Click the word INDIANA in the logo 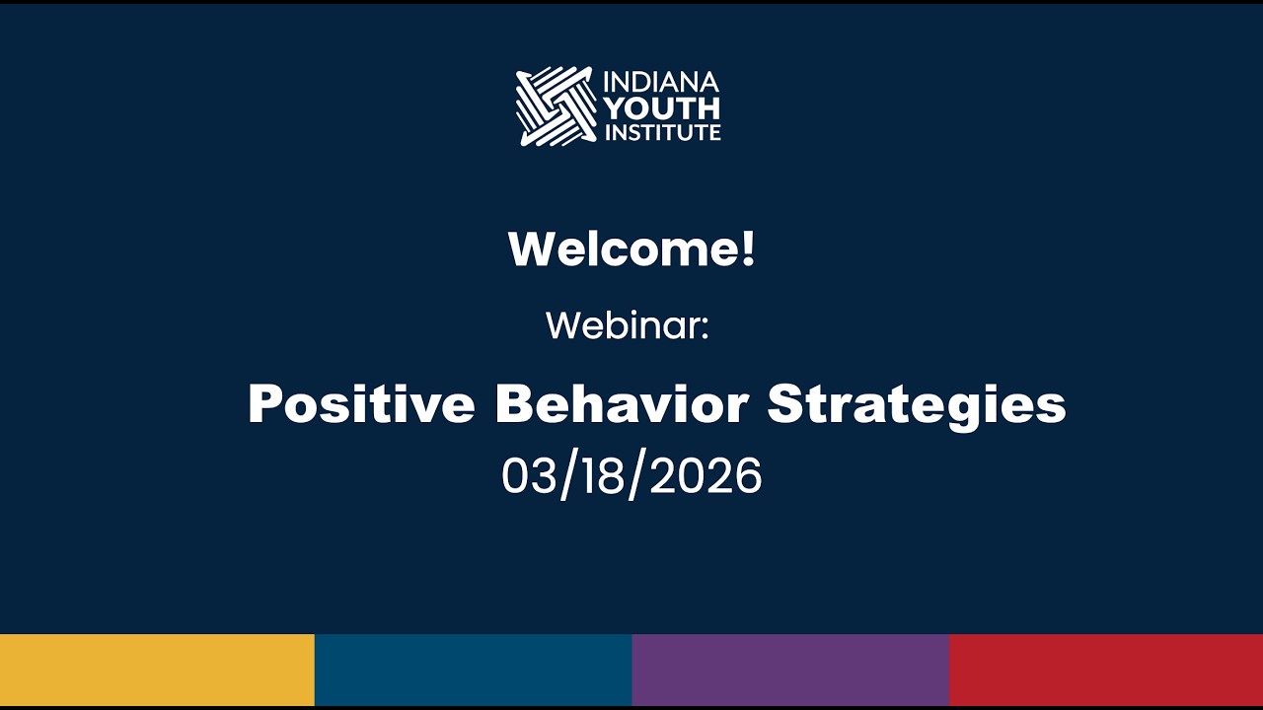pos(661,81)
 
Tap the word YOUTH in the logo pos(661,106)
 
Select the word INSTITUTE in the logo pos(661,131)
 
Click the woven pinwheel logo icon pos(555,106)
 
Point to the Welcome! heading pos(631,248)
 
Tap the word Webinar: pos(628,325)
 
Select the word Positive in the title pos(361,404)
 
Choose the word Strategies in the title pos(917,404)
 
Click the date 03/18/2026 pos(631,477)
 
